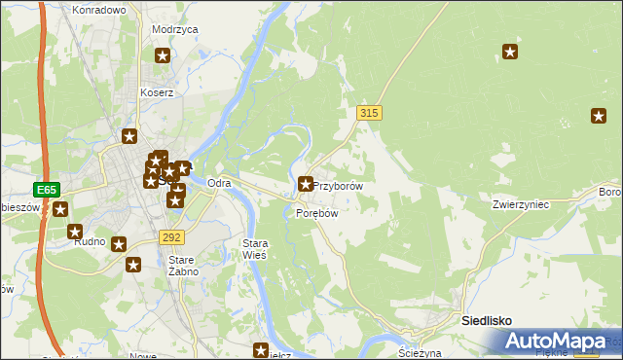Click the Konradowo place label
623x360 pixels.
(x=99, y=10)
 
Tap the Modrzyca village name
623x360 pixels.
(x=175, y=30)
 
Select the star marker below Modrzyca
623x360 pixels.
(x=163, y=55)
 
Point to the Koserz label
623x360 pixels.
(x=156, y=93)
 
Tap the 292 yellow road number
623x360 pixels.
(x=171, y=236)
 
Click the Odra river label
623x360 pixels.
(x=219, y=183)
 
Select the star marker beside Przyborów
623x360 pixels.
(x=306, y=183)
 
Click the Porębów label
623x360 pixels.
(x=316, y=213)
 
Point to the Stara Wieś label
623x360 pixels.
(x=254, y=247)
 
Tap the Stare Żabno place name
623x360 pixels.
(x=183, y=266)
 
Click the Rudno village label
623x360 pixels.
(x=90, y=243)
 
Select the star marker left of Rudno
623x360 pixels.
(x=75, y=232)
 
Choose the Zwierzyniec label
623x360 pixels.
(x=522, y=205)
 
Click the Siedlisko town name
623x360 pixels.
(x=487, y=320)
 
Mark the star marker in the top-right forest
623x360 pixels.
(x=509, y=52)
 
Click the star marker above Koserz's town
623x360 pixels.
(x=129, y=136)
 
